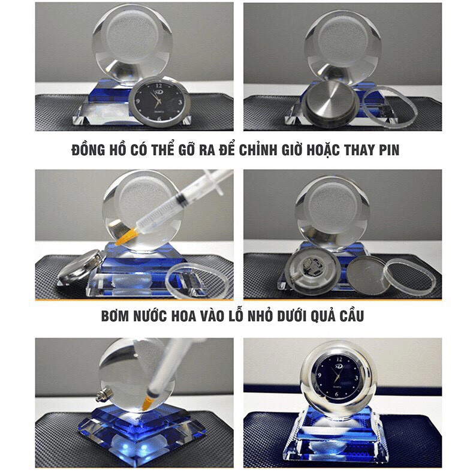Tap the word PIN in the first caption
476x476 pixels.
pos(389,150)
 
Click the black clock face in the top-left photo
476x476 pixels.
pos(158,102)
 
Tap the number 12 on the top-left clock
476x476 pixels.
pos(158,86)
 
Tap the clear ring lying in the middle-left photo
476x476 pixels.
pos(196,281)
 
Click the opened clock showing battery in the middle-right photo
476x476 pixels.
pos(313,270)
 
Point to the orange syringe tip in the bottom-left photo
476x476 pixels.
pos(147,403)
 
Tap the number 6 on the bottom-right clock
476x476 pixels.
pos(338,394)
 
